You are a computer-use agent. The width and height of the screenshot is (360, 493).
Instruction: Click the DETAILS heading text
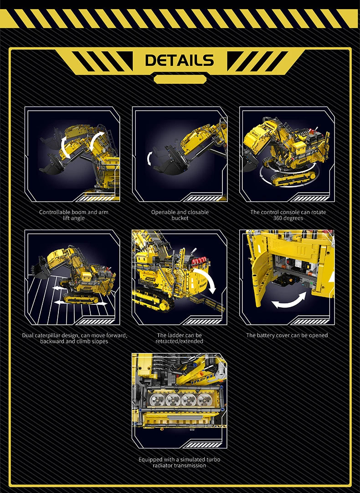[180, 60]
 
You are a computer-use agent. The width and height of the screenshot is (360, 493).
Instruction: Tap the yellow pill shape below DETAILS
[180, 79]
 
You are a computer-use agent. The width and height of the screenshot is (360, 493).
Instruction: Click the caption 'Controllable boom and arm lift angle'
[74, 215]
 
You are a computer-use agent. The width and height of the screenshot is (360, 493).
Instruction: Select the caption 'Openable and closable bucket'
[180, 215]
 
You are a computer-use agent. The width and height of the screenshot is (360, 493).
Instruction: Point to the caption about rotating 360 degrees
[288, 215]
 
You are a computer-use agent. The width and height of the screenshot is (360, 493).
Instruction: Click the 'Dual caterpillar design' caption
[74, 338]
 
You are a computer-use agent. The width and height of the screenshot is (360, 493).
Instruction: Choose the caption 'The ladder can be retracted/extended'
[179, 338]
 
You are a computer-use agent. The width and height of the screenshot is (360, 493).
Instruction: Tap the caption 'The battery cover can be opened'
[287, 335]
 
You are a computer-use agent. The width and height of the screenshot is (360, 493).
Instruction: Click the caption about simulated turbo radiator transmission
[179, 462]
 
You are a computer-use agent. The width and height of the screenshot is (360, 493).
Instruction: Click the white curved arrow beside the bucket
[150, 158]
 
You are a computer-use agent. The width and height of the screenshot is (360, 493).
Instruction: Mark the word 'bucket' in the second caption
[180, 218]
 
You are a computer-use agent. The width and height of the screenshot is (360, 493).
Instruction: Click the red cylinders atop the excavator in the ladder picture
[201, 260]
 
